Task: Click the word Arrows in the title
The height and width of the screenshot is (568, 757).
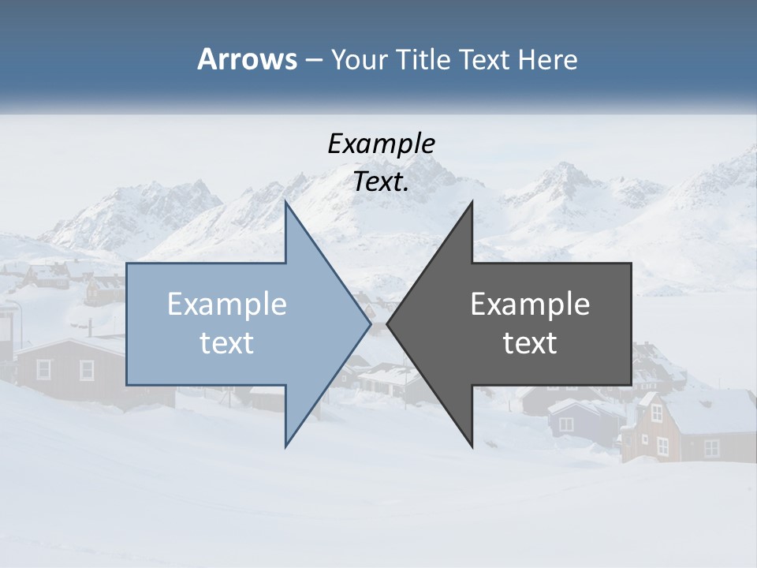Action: tap(246, 59)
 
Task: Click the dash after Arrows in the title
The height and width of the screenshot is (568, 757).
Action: tap(313, 61)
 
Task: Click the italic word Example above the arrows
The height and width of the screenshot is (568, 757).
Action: tap(381, 144)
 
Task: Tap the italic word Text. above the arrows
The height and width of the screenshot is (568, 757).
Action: tap(381, 182)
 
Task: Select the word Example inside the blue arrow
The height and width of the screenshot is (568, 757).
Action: tap(227, 305)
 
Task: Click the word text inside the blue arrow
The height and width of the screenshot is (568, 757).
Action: tap(227, 343)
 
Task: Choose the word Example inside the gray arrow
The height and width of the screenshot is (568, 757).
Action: tap(530, 305)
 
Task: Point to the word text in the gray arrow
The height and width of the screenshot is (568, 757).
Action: tap(530, 343)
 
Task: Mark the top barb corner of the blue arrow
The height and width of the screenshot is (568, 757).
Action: tap(286, 202)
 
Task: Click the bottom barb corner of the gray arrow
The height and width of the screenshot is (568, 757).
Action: tap(472, 447)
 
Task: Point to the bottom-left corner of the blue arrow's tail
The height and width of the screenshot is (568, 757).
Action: tap(128, 384)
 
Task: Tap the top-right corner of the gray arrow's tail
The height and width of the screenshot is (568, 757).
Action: tap(630, 263)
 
